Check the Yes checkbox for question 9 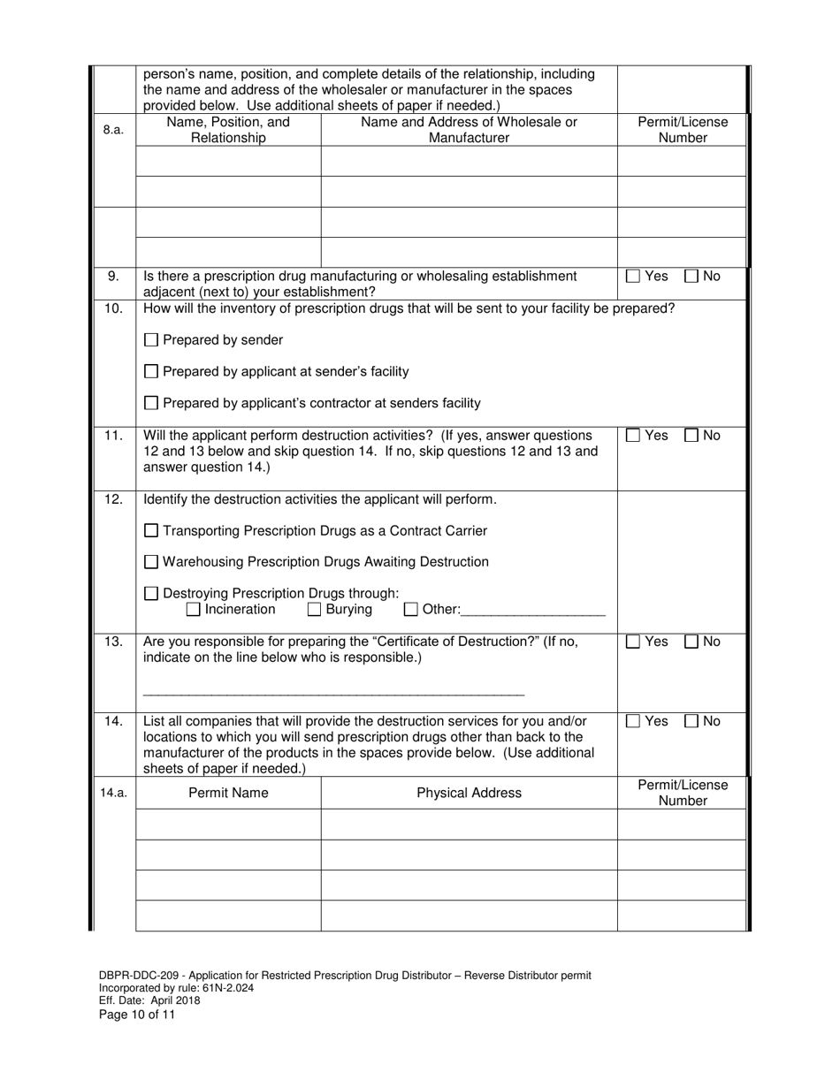[x=633, y=277]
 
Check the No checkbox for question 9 [x=691, y=277]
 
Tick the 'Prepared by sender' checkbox [x=151, y=340]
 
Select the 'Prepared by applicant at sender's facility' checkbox [x=151, y=372]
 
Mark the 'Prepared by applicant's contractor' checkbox [x=151, y=404]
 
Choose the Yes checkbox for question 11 [x=633, y=436]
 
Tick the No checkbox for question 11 [x=691, y=436]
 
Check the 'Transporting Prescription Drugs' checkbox [x=151, y=531]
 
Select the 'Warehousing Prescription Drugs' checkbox [x=151, y=562]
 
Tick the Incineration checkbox [x=194, y=610]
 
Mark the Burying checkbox [x=315, y=610]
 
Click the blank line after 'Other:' [x=533, y=610]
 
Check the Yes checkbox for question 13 [x=633, y=642]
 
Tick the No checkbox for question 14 [x=691, y=722]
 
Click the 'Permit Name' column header [x=228, y=793]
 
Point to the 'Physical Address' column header [x=469, y=793]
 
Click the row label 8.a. [x=113, y=130]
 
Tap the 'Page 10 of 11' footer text [x=137, y=1015]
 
